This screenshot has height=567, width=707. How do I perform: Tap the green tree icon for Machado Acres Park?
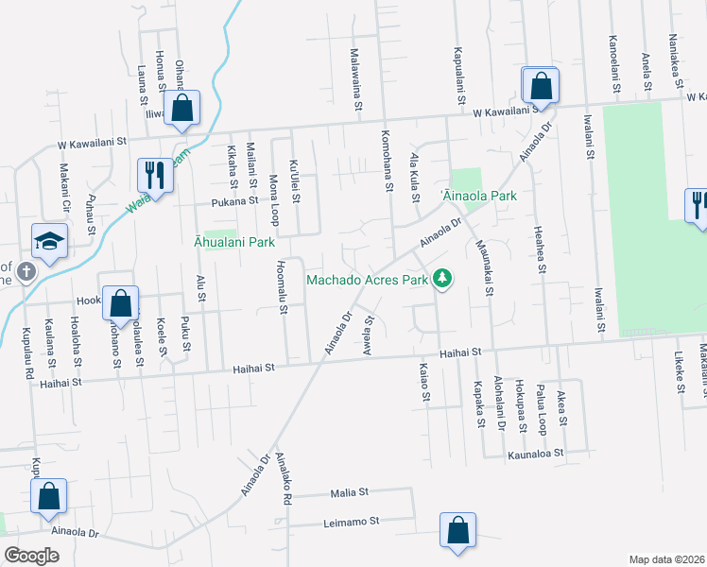(440, 278)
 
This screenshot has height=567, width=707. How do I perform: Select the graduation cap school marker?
(49, 242)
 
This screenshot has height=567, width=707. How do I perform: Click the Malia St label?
(349, 493)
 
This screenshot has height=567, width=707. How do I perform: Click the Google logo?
(32, 556)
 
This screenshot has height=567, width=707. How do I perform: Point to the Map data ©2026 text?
(667, 559)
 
